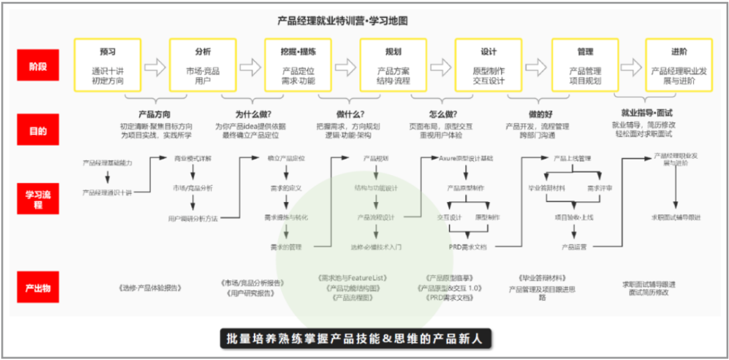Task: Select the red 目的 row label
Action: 38,131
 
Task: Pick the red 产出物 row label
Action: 38,288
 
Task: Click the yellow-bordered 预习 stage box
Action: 107,66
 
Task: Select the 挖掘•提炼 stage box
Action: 298,66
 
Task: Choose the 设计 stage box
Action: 488,66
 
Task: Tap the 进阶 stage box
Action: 679,66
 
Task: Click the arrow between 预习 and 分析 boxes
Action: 155,67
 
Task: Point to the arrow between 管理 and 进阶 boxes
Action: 632,67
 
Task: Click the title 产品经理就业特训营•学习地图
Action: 342,21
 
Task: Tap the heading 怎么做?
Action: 443,114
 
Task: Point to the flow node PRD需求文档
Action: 468,247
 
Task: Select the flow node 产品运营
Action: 574,247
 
